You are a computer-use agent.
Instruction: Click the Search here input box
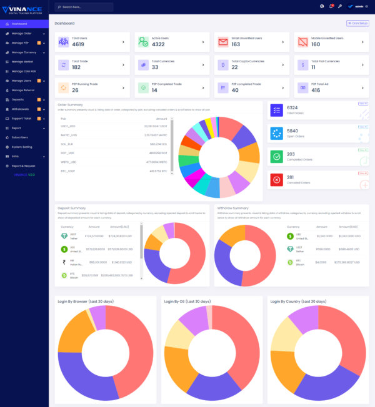click(x=87, y=7)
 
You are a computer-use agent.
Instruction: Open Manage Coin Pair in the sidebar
click(x=24, y=71)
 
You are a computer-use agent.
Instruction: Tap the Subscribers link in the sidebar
click(x=20, y=137)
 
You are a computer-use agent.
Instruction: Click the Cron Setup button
click(x=358, y=23)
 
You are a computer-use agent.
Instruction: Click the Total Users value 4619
click(x=78, y=45)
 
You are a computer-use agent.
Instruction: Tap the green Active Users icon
click(x=144, y=42)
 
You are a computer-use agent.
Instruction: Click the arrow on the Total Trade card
click(x=123, y=65)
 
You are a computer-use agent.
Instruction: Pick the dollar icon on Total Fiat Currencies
click(x=302, y=65)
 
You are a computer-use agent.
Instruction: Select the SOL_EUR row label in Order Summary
click(x=67, y=143)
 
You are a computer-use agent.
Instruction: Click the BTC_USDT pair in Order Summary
click(x=67, y=170)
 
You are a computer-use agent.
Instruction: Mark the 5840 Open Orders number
click(x=292, y=130)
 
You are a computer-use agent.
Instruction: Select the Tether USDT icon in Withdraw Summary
click(x=290, y=248)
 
